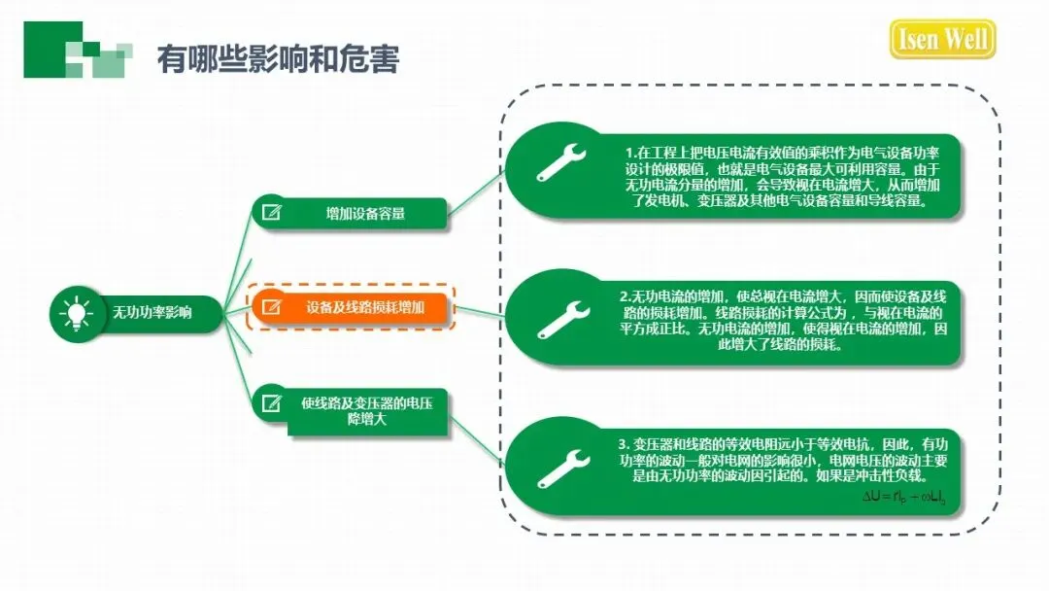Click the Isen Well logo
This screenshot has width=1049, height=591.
(x=941, y=40)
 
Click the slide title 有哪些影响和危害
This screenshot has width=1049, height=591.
(x=278, y=59)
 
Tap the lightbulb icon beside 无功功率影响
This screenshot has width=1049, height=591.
(x=76, y=313)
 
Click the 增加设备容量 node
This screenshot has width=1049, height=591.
(x=365, y=214)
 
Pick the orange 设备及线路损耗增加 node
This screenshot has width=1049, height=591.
(x=365, y=307)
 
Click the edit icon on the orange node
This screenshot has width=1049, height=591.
(x=272, y=307)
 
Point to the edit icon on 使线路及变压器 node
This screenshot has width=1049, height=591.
(x=272, y=403)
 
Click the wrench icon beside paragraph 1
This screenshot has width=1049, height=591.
(x=563, y=163)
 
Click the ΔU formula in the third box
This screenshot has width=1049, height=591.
(x=903, y=498)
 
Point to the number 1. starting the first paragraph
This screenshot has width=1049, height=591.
(x=629, y=153)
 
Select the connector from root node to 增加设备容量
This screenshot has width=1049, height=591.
(x=237, y=263)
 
